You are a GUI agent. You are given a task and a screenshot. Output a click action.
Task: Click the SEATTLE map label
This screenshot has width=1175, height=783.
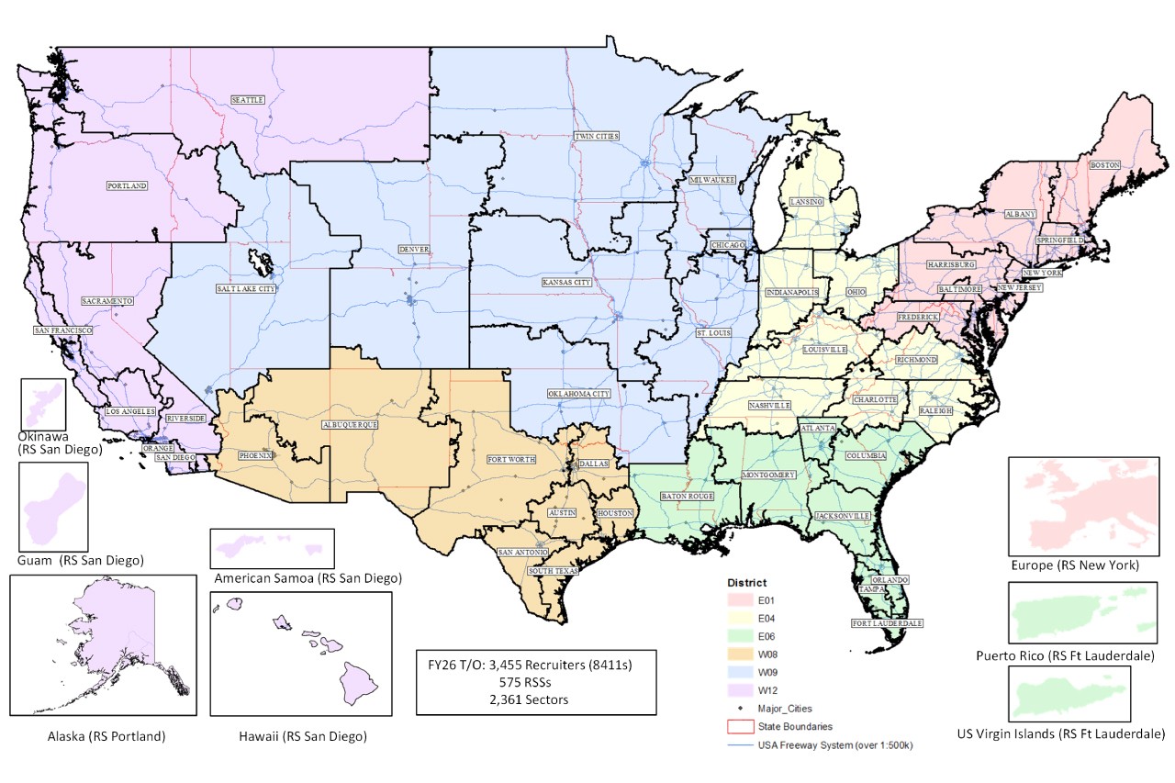(247, 99)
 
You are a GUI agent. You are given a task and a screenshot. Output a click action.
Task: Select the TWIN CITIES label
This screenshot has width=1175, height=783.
(597, 136)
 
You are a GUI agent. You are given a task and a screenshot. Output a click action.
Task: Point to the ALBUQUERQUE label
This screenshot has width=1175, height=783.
(350, 425)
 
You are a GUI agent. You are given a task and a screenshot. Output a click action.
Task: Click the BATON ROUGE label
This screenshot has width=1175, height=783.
(688, 497)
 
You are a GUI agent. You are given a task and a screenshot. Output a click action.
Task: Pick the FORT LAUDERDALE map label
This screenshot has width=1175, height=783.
(887, 623)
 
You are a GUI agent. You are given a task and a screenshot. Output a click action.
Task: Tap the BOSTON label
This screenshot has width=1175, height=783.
(1104, 165)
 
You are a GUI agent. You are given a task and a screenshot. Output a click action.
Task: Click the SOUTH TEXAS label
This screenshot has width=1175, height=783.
(554, 571)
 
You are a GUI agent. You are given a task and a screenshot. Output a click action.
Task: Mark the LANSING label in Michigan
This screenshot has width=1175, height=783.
(806, 201)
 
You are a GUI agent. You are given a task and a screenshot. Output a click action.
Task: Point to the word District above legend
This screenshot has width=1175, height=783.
(747, 582)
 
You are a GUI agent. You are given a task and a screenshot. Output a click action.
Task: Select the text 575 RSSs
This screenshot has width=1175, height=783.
(535, 682)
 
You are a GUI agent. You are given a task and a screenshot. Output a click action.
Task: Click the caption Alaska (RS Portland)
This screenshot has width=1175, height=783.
(102, 736)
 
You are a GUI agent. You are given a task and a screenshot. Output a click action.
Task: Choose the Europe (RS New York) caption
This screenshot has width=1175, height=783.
(1073, 565)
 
